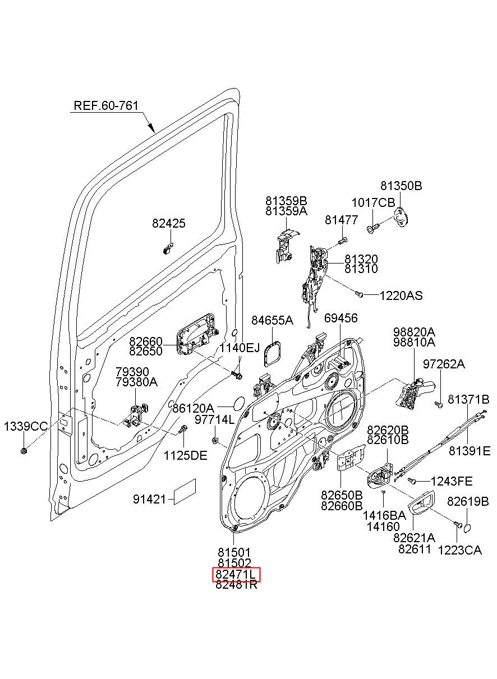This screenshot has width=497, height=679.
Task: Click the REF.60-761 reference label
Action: pyautogui.click(x=106, y=105)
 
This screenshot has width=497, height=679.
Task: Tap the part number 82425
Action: pyautogui.click(x=169, y=223)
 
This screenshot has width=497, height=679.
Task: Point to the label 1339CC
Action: pyautogui.click(x=26, y=427)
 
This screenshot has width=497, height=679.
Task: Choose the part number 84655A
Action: pyautogui.click(x=272, y=320)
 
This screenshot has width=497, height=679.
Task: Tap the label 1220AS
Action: pyautogui.click(x=401, y=296)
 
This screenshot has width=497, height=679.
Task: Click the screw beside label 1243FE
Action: pyautogui.click(x=412, y=481)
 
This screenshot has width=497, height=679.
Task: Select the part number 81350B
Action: pyautogui.click(x=401, y=186)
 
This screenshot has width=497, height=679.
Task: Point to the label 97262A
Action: pyautogui.click(x=444, y=364)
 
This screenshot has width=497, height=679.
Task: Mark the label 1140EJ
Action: pyautogui.click(x=240, y=348)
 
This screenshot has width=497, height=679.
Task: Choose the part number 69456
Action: pyautogui.click(x=341, y=318)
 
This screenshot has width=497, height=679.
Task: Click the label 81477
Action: pyautogui.click(x=342, y=220)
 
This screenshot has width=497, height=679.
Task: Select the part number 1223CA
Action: pyautogui.click(x=460, y=550)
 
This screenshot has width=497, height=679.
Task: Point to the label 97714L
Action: pyautogui.click(x=215, y=419)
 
